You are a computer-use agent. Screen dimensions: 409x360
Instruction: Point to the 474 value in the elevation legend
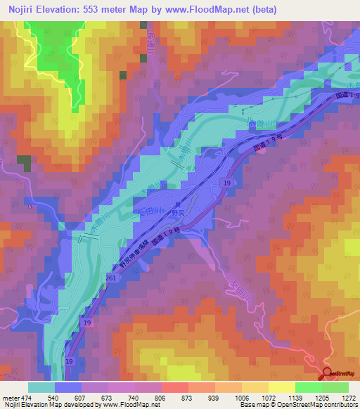[25, 397]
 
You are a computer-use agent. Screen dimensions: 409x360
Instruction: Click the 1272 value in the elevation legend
[347, 397]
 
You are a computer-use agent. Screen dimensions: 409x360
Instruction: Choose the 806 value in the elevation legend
[160, 397]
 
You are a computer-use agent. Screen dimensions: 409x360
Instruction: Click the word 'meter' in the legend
[8, 397]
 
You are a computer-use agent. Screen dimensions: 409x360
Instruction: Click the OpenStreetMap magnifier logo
[328, 376]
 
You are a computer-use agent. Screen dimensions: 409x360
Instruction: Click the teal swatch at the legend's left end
[41, 387]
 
